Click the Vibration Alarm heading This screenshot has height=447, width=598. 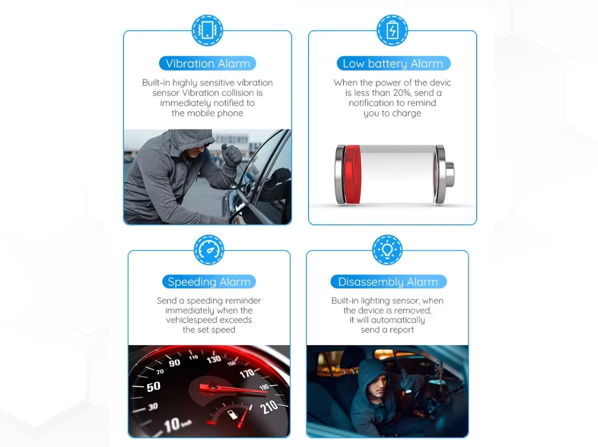(x=208, y=63)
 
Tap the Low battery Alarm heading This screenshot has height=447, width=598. (x=393, y=63)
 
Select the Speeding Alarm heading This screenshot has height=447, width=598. (x=209, y=282)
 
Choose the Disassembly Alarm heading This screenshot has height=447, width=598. (x=388, y=282)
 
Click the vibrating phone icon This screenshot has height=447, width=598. (x=207, y=30)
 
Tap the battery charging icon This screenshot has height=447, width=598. (x=392, y=30)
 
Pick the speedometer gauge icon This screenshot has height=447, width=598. (x=209, y=250)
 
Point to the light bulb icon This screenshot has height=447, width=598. (x=387, y=250)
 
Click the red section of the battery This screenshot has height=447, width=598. (x=352, y=174)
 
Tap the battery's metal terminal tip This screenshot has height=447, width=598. (x=449, y=175)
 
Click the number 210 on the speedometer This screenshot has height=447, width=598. (x=269, y=407)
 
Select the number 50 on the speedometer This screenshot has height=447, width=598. (x=153, y=387)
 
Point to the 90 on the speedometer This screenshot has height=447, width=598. (x=175, y=363)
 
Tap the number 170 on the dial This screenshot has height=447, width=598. (x=247, y=373)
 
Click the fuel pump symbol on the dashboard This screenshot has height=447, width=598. (x=232, y=414)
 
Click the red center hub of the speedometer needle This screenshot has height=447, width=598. (x=213, y=388)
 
